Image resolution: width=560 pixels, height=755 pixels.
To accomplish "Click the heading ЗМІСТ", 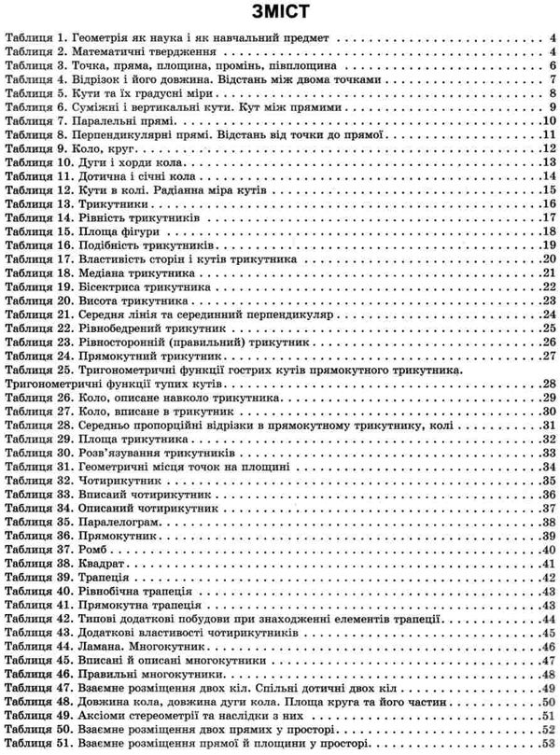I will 280,14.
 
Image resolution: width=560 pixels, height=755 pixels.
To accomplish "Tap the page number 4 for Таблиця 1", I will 552,39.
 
